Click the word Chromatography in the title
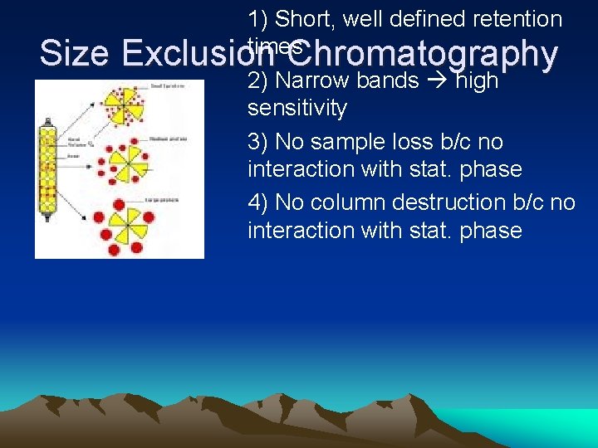pos(425,54)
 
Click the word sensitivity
pos(297,108)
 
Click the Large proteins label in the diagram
pos(166,199)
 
